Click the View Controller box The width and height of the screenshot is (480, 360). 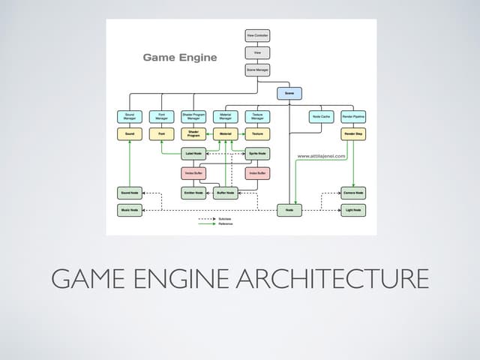[x=257, y=35]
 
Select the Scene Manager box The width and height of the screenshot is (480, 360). [x=257, y=70]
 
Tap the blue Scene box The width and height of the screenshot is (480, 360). [x=289, y=94]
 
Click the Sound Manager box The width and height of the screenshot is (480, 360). [x=130, y=117]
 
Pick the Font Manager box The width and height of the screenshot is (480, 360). [x=161, y=117]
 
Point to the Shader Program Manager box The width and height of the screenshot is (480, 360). [x=193, y=117]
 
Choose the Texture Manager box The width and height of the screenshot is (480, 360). [x=257, y=117]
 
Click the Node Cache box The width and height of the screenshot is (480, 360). [x=321, y=117]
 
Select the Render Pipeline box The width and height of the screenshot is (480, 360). [x=353, y=117]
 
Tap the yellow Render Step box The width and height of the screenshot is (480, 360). [x=353, y=134]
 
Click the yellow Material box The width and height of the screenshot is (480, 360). [x=225, y=134]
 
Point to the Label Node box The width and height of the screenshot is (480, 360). [x=193, y=153]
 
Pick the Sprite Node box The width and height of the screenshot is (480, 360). [x=257, y=153]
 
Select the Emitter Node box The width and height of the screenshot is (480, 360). [x=193, y=193]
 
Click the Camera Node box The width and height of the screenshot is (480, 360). [x=353, y=193]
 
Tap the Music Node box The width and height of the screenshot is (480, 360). [x=130, y=211]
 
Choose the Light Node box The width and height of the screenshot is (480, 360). [x=353, y=211]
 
